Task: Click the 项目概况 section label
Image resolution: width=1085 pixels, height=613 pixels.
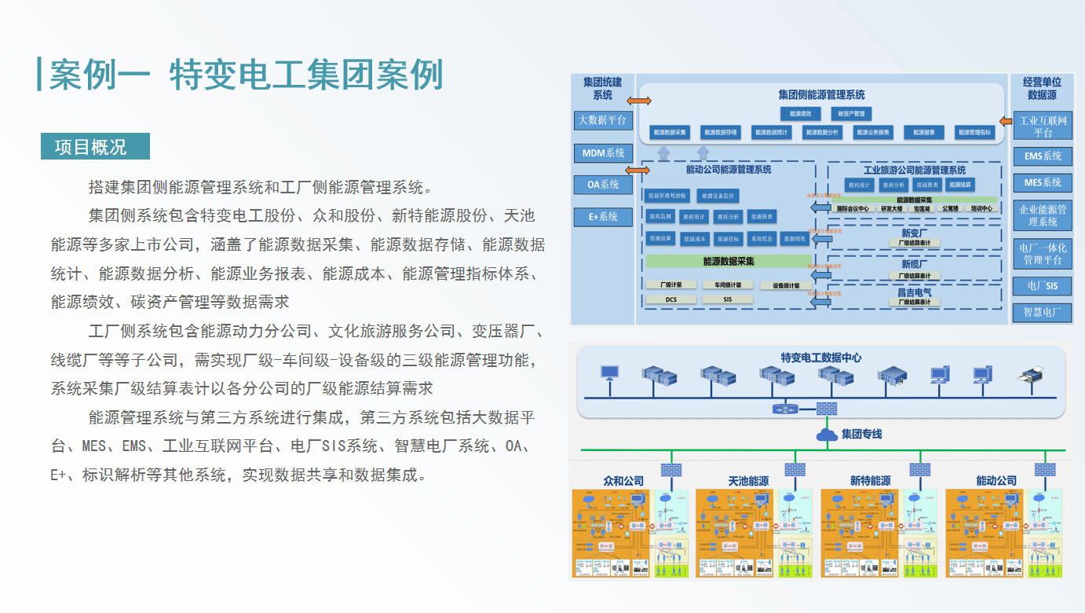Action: (x=95, y=147)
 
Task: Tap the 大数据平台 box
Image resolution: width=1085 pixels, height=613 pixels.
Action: (x=602, y=120)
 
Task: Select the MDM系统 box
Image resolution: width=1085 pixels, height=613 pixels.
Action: (x=602, y=153)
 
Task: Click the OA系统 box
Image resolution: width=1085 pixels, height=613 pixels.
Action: (x=602, y=185)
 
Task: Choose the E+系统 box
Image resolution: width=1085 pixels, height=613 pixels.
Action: (x=602, y=217)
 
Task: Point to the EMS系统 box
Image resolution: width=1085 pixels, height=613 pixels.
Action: (x=1042, y=156)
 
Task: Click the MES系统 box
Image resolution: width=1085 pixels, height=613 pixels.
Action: (x=1042, y=182)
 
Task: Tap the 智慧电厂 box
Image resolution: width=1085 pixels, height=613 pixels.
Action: (x=1042, y=312)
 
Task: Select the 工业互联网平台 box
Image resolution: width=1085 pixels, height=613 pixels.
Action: (x=1042, y=126)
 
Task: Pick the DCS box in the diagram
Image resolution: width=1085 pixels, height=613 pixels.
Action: (x=670, y=299)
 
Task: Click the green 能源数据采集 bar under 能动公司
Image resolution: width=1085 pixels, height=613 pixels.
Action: (x=728, y=261)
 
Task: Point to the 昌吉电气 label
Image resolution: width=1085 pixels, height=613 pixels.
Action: (x=915, y=292)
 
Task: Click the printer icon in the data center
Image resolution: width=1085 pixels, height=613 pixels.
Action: (x=1028, y=375)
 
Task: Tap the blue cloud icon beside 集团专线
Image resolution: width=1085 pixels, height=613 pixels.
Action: (x=827, y=434)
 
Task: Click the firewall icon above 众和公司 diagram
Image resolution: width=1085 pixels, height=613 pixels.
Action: (x=671, y=469)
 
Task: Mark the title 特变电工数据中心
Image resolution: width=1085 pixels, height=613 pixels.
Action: (x=820, y=358)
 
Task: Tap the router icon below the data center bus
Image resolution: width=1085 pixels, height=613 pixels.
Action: (x=783, y=409)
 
